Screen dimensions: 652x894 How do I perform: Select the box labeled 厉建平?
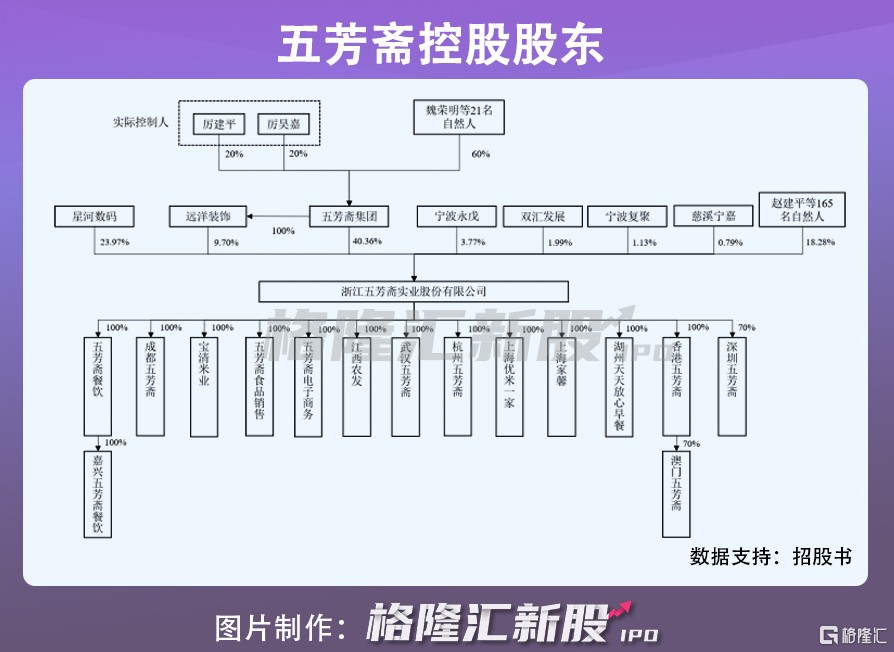218,124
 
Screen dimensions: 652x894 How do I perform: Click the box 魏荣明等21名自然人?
459,118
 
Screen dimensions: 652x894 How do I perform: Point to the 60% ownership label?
480,154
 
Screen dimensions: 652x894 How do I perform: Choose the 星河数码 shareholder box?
96,216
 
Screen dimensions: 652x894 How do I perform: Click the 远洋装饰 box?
207,216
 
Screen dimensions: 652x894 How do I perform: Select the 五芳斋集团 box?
348,216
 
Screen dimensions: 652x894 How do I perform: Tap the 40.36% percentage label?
367,242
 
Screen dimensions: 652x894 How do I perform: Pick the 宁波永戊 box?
456,216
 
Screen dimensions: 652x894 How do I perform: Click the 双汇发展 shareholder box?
542,216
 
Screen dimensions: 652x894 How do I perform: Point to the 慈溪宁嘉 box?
713,216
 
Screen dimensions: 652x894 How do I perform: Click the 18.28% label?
821,242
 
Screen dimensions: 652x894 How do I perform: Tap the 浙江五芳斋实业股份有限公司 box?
413,291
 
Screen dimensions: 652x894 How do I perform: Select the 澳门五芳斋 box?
677,494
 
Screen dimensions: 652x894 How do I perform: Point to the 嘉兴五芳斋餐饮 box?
97,494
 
